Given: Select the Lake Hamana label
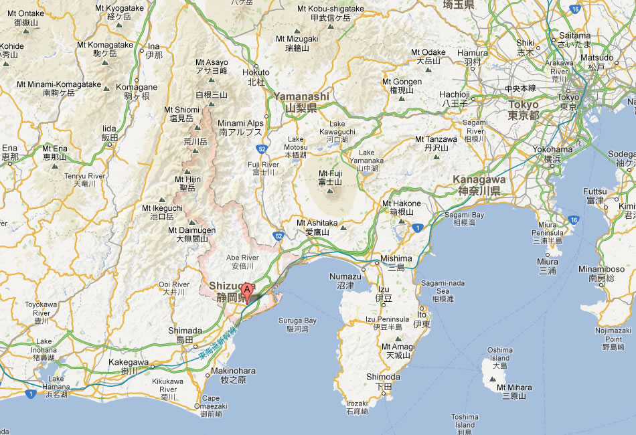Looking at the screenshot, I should (x=56, y=383).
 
